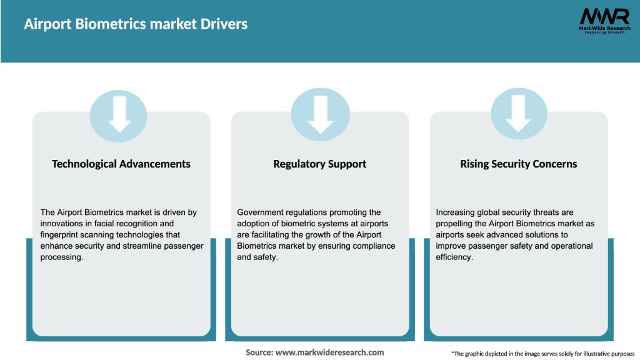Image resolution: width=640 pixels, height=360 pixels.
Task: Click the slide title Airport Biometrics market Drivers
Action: pos(136,24)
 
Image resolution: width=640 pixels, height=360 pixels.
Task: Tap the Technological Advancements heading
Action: pos(121,164)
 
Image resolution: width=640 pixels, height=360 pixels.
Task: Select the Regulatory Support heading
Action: pos(320,164)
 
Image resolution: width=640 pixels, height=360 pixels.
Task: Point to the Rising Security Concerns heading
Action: pos(519,164)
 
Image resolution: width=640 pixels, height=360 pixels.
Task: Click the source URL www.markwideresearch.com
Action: pos(330,352)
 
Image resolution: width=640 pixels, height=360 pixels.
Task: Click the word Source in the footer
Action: pos(259,352)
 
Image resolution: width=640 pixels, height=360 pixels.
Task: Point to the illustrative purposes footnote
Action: pos(542,354)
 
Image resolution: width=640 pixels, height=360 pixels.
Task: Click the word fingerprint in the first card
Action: pos(61,235)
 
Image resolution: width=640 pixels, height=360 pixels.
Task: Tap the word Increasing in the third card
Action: pos(456,212)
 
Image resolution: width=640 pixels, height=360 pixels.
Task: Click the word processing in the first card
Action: pos(61,257)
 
